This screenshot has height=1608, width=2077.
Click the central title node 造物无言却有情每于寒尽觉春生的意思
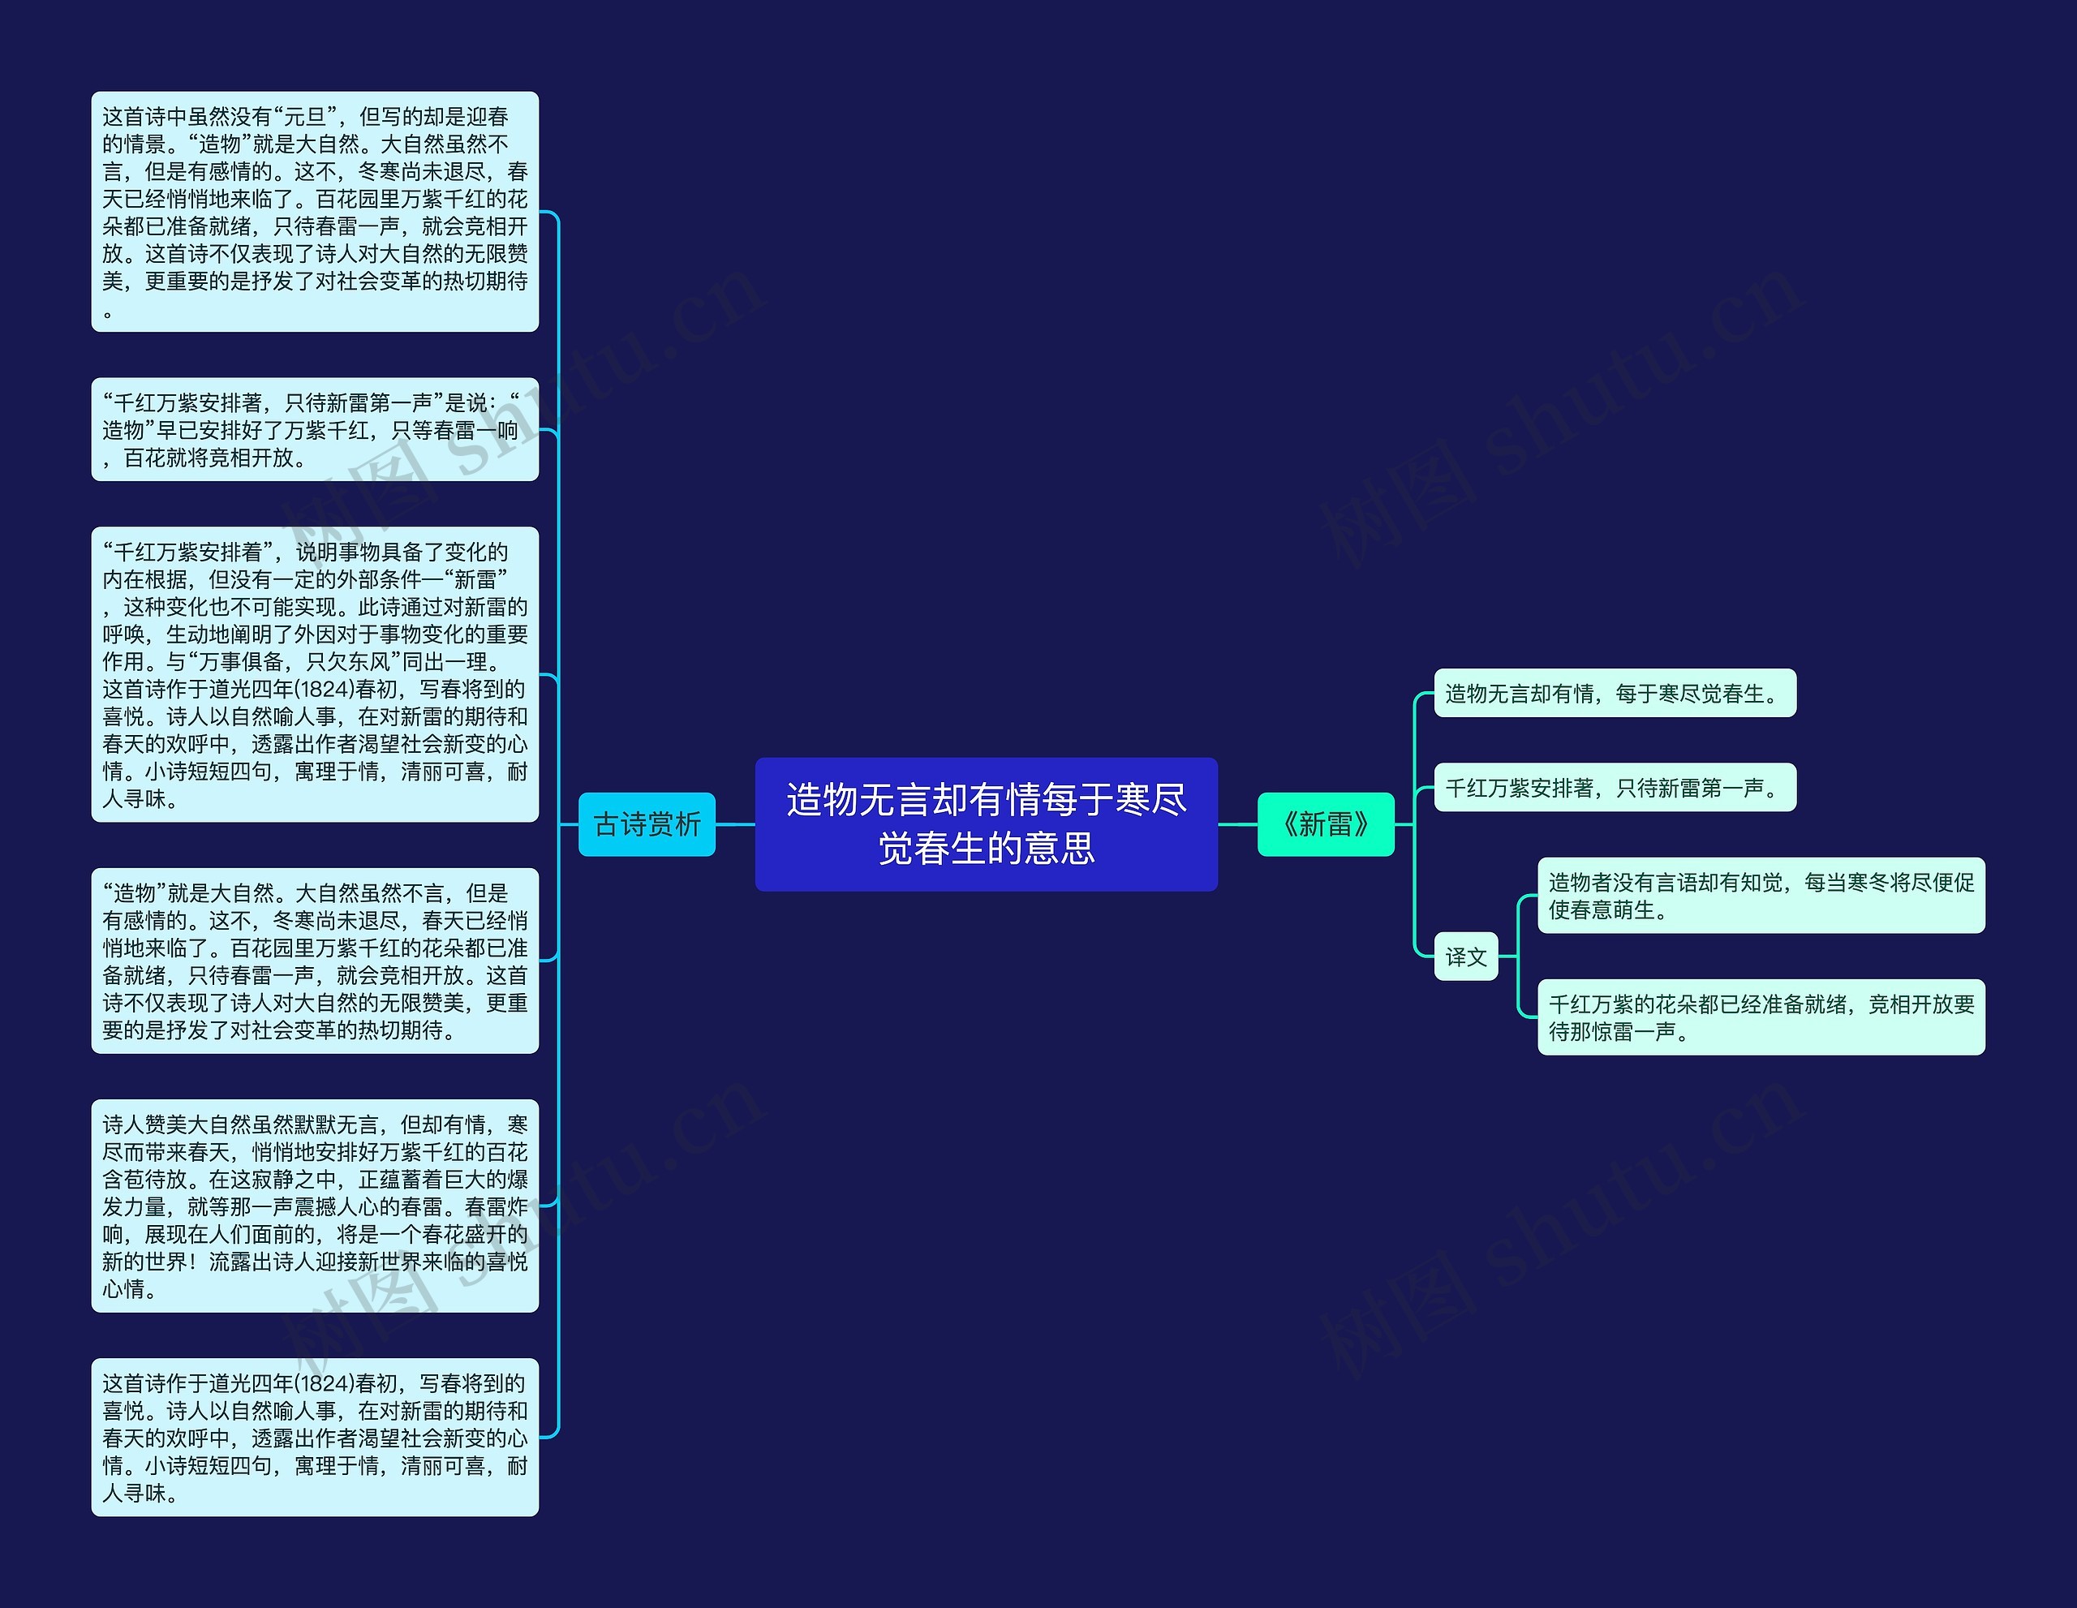click(987, 823)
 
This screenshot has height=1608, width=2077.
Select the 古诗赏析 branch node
click(647, 823)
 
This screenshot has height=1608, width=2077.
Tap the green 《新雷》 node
click(1326, 823)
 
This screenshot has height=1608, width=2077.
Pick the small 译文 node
click(1465, 956)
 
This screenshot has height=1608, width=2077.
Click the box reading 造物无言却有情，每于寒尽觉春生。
click(1614, 693)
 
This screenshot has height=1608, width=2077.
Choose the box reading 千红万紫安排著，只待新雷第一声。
click(1614, 787)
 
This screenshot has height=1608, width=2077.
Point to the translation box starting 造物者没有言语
click(1761, 895)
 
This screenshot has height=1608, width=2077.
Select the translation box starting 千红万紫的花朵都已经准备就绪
click(1761, 1017)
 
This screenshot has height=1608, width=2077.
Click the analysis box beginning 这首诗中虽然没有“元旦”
click(315, 211)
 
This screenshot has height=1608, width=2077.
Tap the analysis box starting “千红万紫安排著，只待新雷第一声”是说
click(315, 429)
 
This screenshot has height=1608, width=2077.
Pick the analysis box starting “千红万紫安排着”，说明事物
click(315, 673)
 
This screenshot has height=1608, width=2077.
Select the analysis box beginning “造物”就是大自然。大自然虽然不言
click(315, 961)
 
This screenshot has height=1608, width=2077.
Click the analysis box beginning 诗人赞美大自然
click(315, 1206)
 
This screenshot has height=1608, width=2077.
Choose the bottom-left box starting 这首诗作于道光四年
click(315, 1437)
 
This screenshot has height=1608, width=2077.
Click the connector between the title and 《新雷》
click(1237, 824)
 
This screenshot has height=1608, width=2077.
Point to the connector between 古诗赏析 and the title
click(735, 824)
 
